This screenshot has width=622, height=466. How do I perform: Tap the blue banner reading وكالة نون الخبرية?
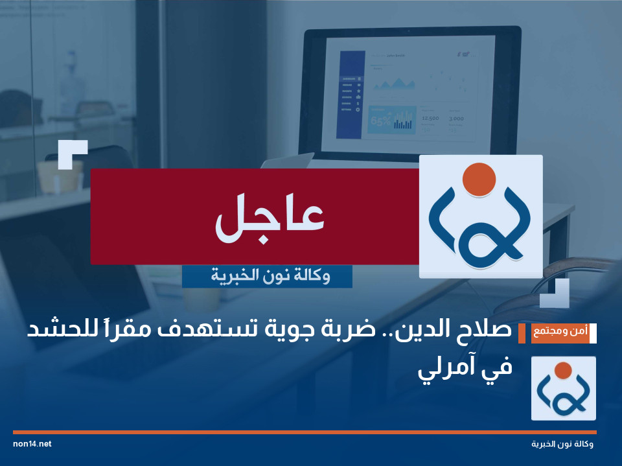267,277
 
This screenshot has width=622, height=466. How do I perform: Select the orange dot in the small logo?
563,370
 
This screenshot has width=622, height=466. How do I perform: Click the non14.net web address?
32,444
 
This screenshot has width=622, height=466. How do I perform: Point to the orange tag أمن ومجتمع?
553,332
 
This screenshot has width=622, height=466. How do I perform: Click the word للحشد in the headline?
55,331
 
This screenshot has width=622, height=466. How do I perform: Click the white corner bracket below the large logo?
556,294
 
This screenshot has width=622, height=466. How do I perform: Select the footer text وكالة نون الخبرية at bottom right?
562,445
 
